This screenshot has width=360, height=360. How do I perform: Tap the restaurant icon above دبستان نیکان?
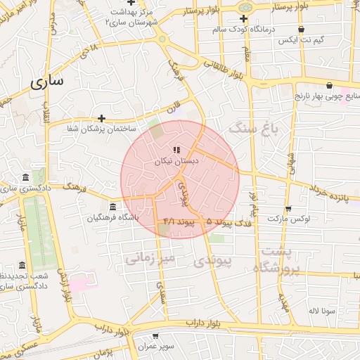pos(177,150)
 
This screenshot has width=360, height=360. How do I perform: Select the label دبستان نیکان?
pos(177,161)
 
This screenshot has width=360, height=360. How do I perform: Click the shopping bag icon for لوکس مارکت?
pos(288,209)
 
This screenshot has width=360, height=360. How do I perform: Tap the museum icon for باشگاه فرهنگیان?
pos(112,207)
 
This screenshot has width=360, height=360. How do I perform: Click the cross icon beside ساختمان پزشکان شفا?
pos(102,118)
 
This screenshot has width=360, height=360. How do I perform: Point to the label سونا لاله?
pos(315,310)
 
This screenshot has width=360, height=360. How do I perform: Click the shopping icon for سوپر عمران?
pos(164,337)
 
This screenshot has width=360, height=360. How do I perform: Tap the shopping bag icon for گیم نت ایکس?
pos(301,30)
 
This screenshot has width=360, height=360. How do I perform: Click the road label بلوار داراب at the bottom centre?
pos(204,323)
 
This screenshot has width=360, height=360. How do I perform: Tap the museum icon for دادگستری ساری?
pos(26,176)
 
